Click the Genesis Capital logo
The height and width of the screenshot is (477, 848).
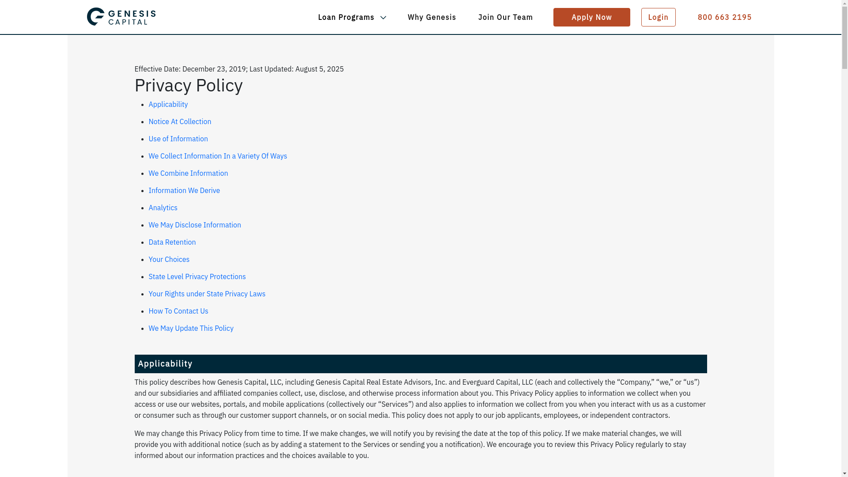[121, 17]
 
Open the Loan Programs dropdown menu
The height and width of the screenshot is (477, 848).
[352, 17]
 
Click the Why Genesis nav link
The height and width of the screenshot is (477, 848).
[432, 17]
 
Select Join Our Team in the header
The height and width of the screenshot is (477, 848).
[505, 17]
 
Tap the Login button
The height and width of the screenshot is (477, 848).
[658, 17]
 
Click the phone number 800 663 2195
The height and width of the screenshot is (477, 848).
[724, 17]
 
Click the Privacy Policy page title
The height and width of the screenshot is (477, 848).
[189, 85]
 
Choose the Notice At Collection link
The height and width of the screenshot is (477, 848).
[180, 121]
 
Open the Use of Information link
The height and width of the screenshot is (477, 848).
[178, 139]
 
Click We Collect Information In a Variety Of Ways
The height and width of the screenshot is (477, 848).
[218, 156]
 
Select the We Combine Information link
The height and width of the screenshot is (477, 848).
[188, 173]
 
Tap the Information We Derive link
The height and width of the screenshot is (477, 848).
[184, 190]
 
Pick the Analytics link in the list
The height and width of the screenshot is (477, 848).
[163, 208]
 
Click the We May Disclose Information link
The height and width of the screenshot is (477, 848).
[195, 225]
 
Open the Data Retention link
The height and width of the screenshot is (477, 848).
[172, 242]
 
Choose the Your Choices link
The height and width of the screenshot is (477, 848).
[169, 259]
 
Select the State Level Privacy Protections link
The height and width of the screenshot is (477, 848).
[197, 276]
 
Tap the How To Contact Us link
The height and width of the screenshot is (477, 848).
[178, 311]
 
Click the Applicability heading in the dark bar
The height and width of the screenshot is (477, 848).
[165, 363]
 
